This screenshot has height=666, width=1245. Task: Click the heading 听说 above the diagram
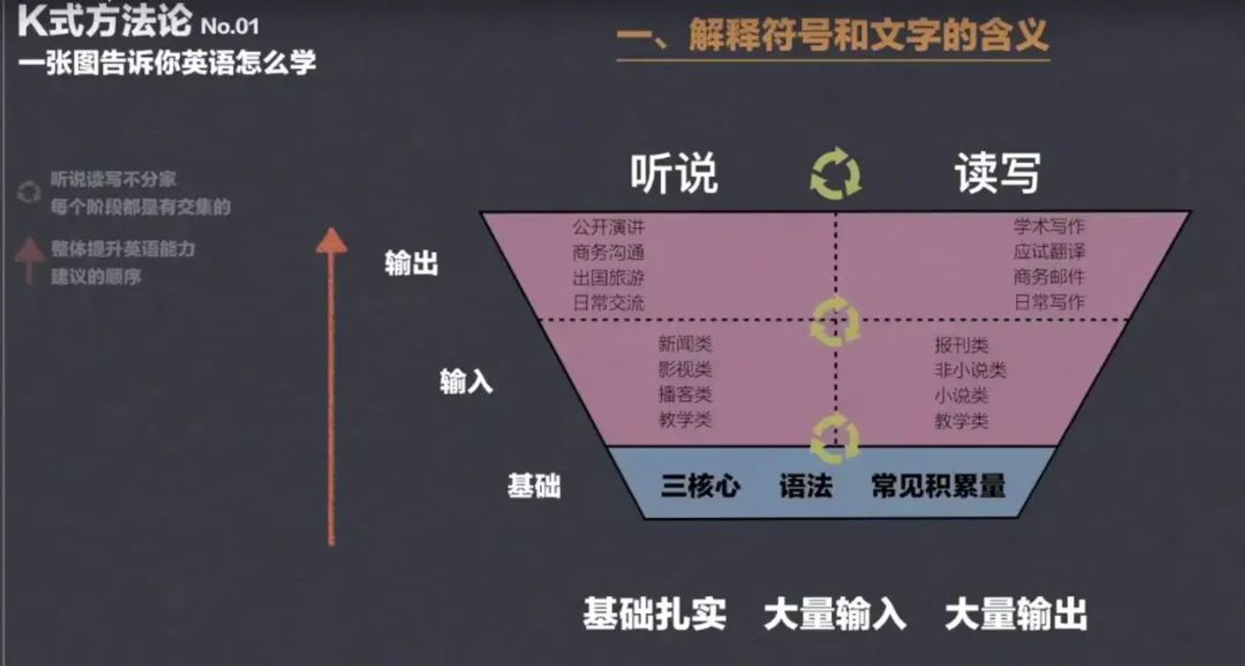674,174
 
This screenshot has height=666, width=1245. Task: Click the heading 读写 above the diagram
997,174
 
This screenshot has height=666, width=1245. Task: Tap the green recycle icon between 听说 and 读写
836,174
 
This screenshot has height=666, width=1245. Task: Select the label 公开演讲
608,227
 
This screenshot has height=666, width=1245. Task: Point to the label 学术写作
1049,226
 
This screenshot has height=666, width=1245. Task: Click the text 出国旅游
608,278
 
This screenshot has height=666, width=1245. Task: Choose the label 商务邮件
1049,276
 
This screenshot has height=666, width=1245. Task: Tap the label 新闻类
685,344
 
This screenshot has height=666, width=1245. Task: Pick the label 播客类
685,395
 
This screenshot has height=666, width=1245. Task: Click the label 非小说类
970,370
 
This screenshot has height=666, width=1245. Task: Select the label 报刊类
961,345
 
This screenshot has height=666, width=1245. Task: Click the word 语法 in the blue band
806,486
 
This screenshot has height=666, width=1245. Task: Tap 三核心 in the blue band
700,486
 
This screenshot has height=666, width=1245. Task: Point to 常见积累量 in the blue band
938,486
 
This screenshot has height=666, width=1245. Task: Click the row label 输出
411,263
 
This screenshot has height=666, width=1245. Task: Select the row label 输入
466,381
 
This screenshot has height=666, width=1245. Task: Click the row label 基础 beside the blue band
533,486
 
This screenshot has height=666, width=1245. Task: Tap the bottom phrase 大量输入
834,614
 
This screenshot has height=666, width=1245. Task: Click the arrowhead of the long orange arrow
331,241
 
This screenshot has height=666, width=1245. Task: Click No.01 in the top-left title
230,26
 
